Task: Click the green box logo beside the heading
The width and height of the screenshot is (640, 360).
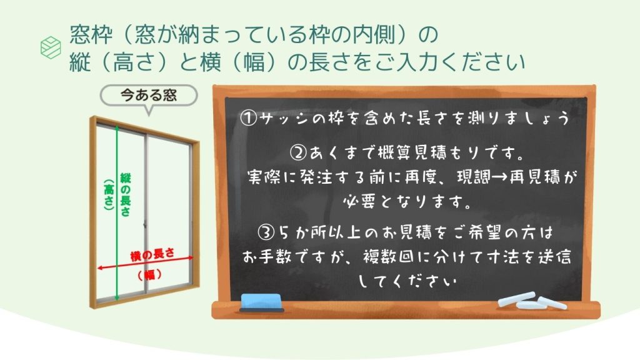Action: coord(51,47)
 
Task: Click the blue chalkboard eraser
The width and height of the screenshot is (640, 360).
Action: coord(261,302)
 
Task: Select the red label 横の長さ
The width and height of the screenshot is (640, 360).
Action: coord(152,255)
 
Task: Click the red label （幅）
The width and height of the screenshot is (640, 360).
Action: coord(150,275)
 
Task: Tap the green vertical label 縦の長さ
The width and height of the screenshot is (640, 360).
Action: coord(125,194)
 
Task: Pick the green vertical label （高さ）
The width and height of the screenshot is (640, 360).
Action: coord(109,194)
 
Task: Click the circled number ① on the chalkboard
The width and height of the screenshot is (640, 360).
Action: coord(248,118)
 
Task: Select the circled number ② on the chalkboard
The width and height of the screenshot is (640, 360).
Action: coord(298,153)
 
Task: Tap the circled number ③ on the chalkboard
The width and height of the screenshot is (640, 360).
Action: coord(266,233)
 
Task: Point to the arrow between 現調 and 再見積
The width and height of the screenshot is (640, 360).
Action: coord(499,177)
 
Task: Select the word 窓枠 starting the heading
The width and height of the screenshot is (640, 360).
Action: coord(91,34)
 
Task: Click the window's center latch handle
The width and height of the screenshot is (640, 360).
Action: coord(145,225)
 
